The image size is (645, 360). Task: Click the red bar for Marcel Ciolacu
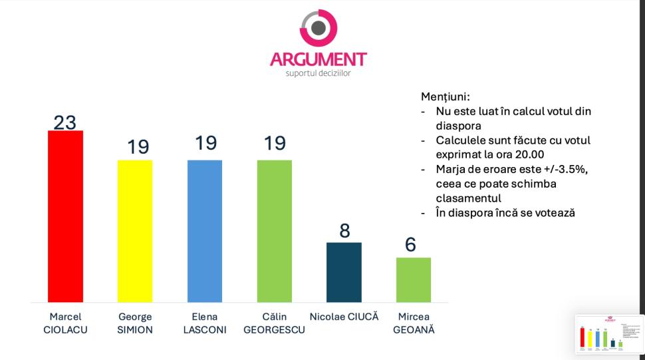65,216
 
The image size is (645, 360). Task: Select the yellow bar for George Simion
135,231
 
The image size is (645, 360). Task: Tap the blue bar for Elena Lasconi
205,231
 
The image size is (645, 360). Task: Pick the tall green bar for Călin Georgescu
275,231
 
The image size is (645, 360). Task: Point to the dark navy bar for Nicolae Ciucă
344,272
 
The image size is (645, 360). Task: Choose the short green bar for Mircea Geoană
414,279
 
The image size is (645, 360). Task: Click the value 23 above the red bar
65,122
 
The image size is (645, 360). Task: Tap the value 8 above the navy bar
344,231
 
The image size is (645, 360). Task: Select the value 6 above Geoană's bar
411,245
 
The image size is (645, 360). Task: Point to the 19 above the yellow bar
138,146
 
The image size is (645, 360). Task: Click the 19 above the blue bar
206,143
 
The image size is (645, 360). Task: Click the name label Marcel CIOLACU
65,323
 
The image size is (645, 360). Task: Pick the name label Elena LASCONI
205,323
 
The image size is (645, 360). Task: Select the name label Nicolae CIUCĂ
344,317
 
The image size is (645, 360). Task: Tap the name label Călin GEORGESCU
274,323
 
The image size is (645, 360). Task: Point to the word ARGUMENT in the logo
318,60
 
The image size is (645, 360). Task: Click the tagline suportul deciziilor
318,73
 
